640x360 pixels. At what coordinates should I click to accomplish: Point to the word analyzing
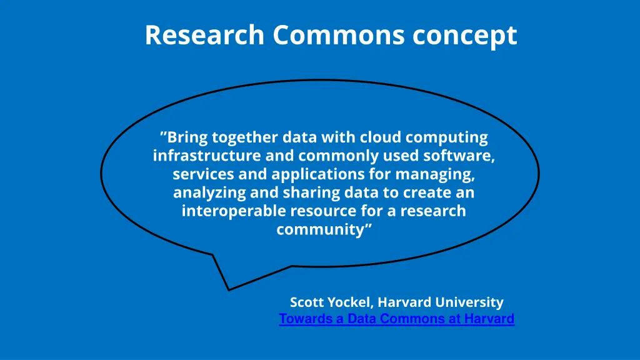[209, 193]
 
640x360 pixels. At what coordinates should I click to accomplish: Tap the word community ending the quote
[323, 229]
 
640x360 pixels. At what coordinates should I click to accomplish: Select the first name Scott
[306, 302]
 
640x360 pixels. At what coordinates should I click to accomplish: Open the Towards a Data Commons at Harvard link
[396, 319]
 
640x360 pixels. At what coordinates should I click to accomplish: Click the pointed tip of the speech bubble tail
[229, 290]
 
